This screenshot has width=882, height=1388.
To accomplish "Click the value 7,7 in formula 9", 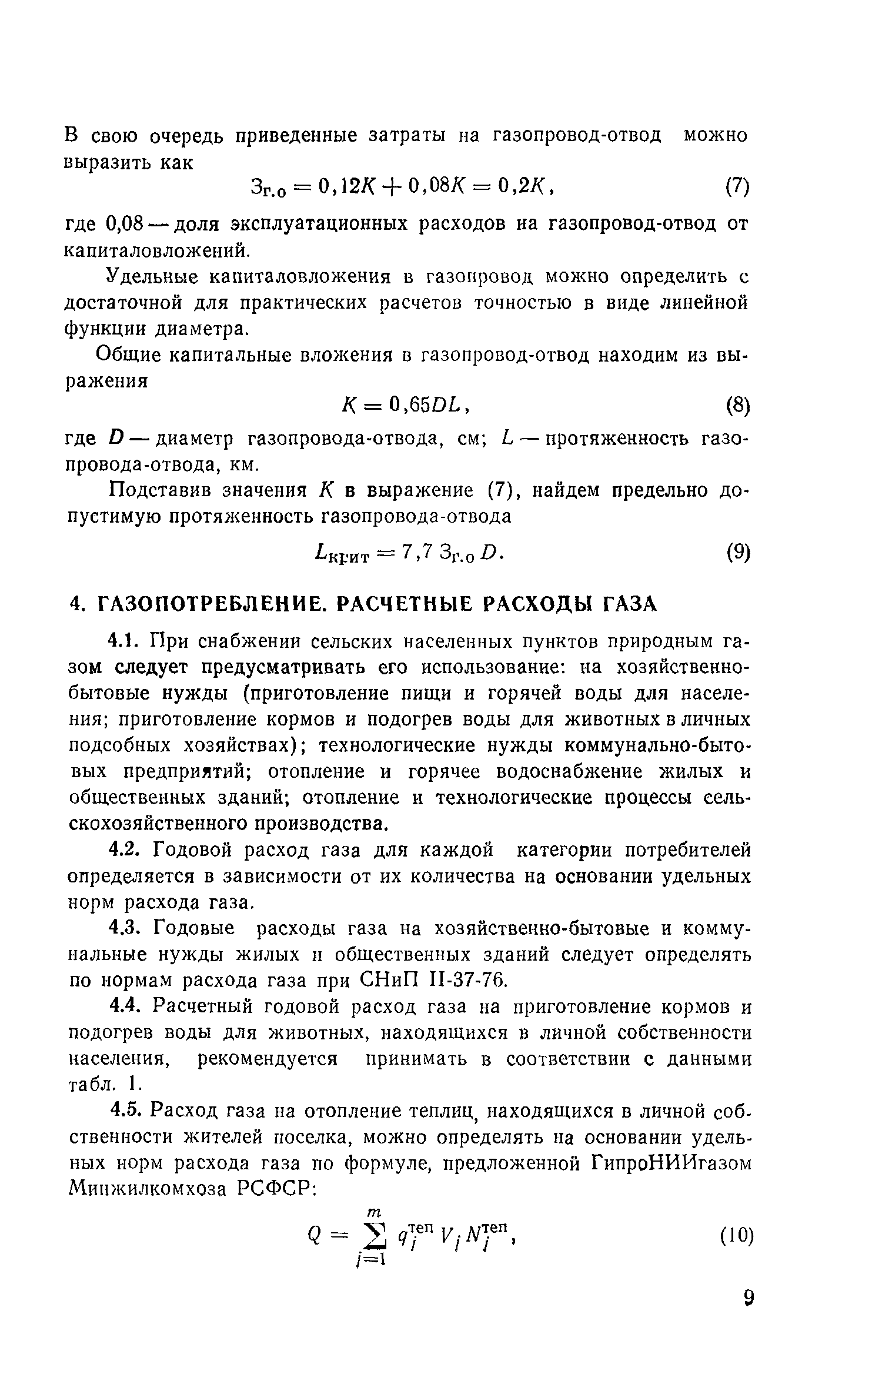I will click(417, 552).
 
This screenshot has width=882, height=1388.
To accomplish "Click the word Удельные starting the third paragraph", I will click(151, 277).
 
